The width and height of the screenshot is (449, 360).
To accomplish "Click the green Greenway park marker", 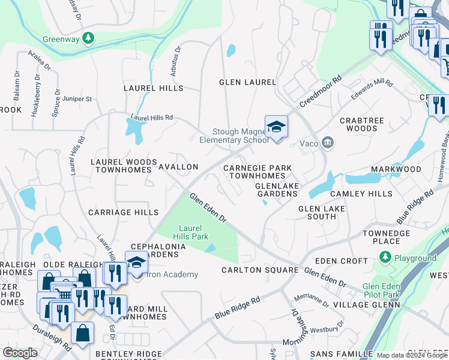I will coord(89,38).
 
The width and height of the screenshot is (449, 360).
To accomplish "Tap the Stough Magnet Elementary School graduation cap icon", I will coord(276,127).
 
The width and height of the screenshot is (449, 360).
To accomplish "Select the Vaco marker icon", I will coord(328,143).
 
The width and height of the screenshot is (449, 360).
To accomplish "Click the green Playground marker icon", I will coord(385,258).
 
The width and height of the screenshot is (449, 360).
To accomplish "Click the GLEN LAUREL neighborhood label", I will coord(247,82).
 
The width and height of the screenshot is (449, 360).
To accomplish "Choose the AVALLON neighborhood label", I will coord(178,166).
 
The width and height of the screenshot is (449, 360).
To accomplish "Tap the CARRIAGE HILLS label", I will coord(123,212).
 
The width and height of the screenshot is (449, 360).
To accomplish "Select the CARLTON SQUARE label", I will coord(259,270).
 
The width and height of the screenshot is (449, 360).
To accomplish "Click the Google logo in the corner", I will coord(20,353).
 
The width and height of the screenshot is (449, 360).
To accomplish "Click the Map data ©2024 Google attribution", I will coord(411,355).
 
